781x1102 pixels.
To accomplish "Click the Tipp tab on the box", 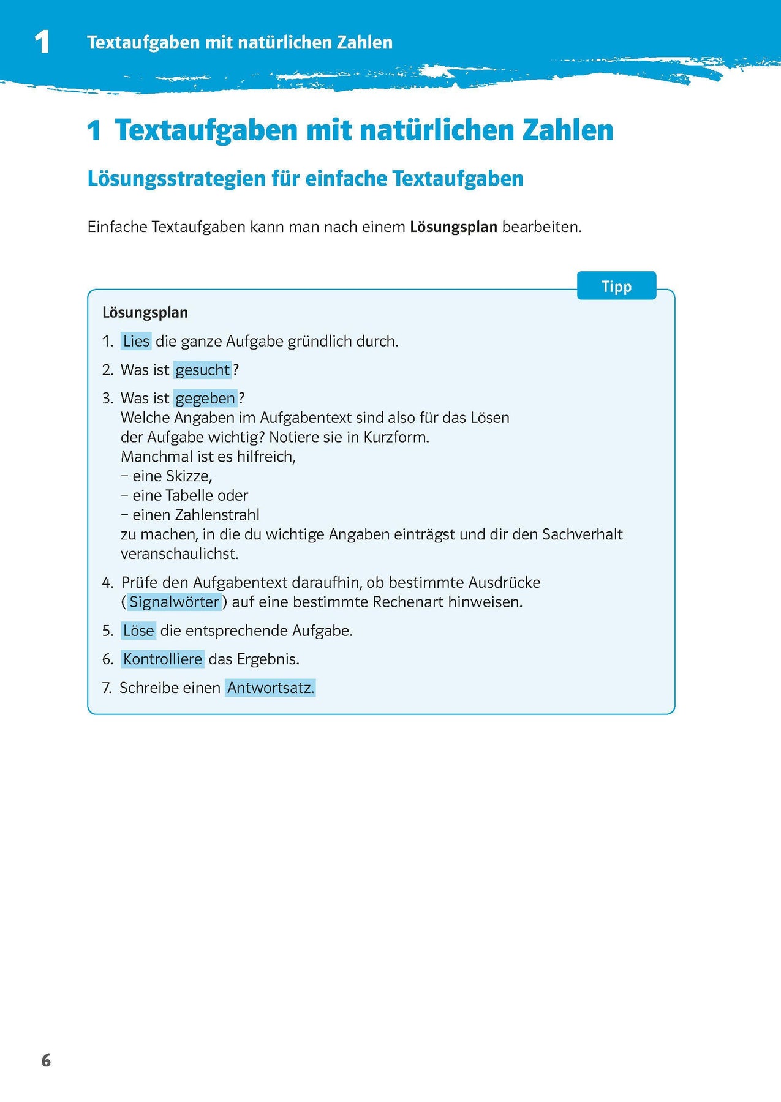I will coord(616,287).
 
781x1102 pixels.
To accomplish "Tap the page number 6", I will coord(46,1060).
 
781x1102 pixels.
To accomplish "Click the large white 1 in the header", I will coord(42,42).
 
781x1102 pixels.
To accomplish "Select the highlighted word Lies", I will coord(136,341).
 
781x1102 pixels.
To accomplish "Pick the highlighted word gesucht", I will coord(202,370).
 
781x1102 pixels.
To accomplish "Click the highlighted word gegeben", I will coord(205,399).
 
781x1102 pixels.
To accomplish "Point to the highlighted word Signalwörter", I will coord(174,602).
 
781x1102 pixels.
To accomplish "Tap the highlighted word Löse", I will coord(138,631).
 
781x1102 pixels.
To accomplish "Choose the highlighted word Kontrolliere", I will coord(162,659).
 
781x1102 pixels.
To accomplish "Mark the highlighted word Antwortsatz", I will coord(270,688).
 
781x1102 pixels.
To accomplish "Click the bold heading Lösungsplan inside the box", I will coord(145,312).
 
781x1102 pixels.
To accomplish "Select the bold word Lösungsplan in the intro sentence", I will coord(453,227).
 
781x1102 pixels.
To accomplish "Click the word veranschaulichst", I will coord(179,554).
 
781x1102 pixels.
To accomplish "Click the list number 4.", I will coord(107,583).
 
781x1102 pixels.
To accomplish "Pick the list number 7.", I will coord(107,688).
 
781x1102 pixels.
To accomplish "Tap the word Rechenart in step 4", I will coord(408,602).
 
